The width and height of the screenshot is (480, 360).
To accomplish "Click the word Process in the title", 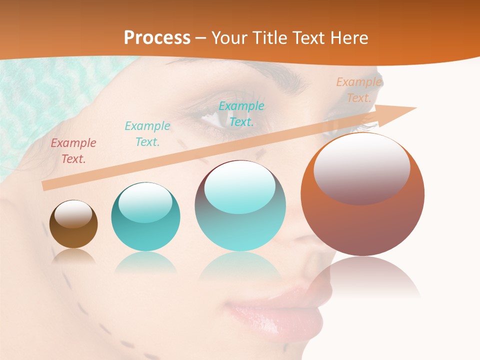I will click(x=157, y=38).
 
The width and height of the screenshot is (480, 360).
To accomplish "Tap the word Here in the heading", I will click(x=349, y=38).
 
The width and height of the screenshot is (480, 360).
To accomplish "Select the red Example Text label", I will click(x=73, y=151).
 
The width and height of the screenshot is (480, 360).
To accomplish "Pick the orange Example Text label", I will click(x=358, y=90).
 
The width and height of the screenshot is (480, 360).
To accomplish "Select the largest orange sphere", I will click(x=362, y=225).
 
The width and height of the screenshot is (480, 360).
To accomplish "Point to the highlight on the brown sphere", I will click(x=73, y=213).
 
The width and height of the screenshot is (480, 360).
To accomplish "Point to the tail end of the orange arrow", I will click(x=44, y=186).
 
